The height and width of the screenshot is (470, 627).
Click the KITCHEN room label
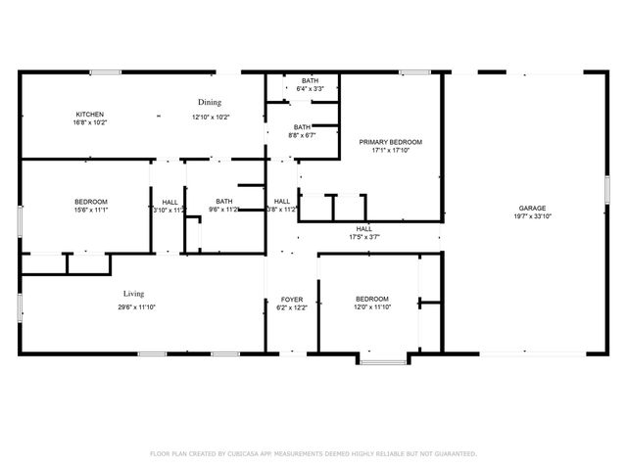click(x=90, y=114)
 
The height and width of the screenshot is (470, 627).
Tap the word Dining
click(x=210, y=102)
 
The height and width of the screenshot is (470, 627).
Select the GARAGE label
click(x=533, y=208)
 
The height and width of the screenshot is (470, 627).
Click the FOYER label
click(x=291, y=299)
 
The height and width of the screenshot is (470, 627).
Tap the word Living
click(x=134, y=294)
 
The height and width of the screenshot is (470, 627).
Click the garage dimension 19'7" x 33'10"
click(x=533, y=217)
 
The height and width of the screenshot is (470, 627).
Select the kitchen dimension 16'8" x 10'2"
click(x=90, y=122)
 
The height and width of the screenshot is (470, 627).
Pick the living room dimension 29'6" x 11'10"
click(x=135, y=307)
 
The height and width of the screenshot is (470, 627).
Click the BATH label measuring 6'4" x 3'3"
click(x=311, y=80)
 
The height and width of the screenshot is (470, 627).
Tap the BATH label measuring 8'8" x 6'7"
click(x=302, y=126)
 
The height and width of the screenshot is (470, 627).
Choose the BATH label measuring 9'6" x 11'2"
click(x=225, y=202)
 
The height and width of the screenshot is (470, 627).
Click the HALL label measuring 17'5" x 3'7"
click(x=364, y=228)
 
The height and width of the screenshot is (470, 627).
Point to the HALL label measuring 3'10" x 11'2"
click(x=169, y=202)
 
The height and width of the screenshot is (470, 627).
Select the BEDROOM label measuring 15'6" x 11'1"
click(x=90, y=201)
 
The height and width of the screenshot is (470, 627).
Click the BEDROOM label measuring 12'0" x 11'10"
click(x=372, y=299)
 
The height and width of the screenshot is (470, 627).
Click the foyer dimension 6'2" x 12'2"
click(x=291, y=307)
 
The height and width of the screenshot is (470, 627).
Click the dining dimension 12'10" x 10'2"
click(x=211, y=117)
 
